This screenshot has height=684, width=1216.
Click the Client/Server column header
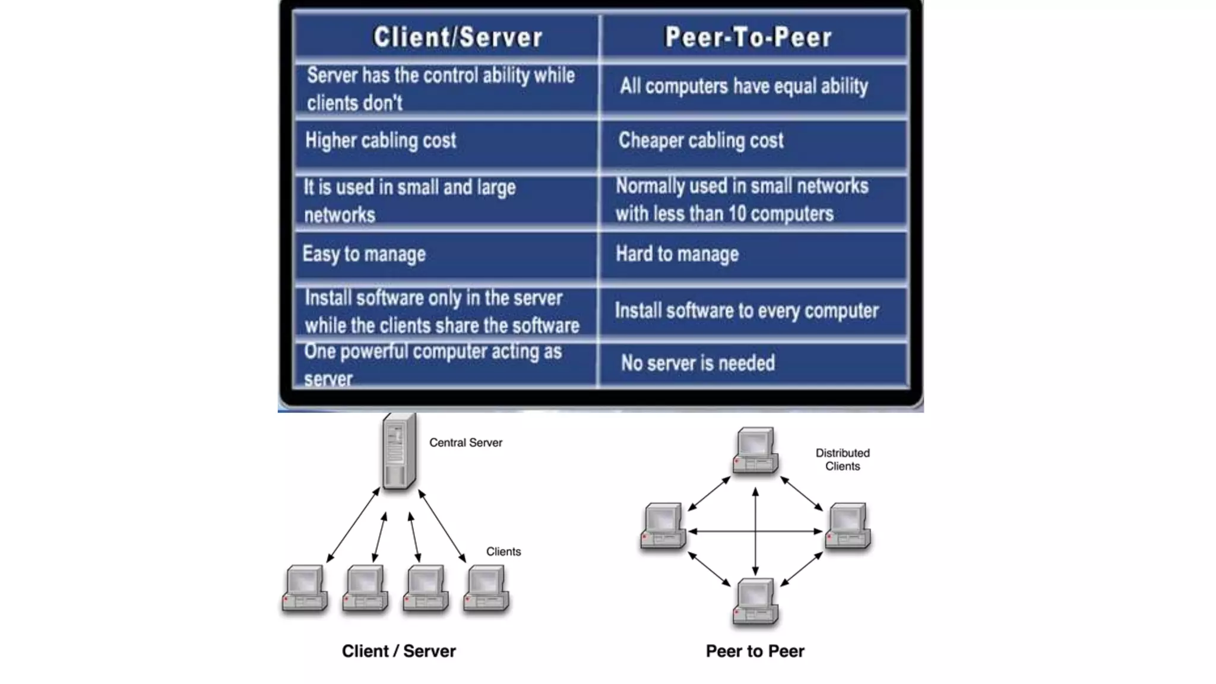[457, 37]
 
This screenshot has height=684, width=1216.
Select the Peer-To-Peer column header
[748, 37]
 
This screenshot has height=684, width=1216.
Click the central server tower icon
[398, 451]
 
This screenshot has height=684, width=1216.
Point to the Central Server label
[465, 443]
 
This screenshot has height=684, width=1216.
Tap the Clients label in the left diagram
[503, 552]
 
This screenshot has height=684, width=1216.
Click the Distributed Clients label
[842, 460]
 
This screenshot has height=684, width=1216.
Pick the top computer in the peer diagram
[755, 450]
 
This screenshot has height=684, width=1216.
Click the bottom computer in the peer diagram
[755, 601]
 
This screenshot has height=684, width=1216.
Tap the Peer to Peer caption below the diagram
[755, 651]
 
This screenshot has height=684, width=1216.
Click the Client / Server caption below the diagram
[398, 651]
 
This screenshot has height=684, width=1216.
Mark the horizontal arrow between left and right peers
[790, 531]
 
